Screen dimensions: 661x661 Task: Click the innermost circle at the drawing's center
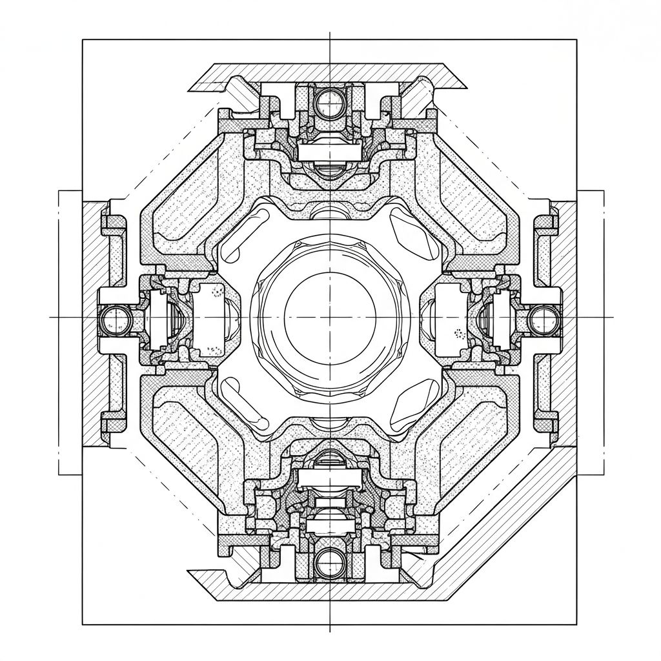pyautogui.click(x=330, y=316)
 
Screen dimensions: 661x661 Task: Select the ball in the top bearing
pyautogui.click(x=330, y=101)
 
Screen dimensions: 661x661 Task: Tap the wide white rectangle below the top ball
pyautogui.click(x=330, y=152)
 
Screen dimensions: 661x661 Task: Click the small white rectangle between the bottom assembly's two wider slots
pyautogui.click(x=330, y=501)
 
